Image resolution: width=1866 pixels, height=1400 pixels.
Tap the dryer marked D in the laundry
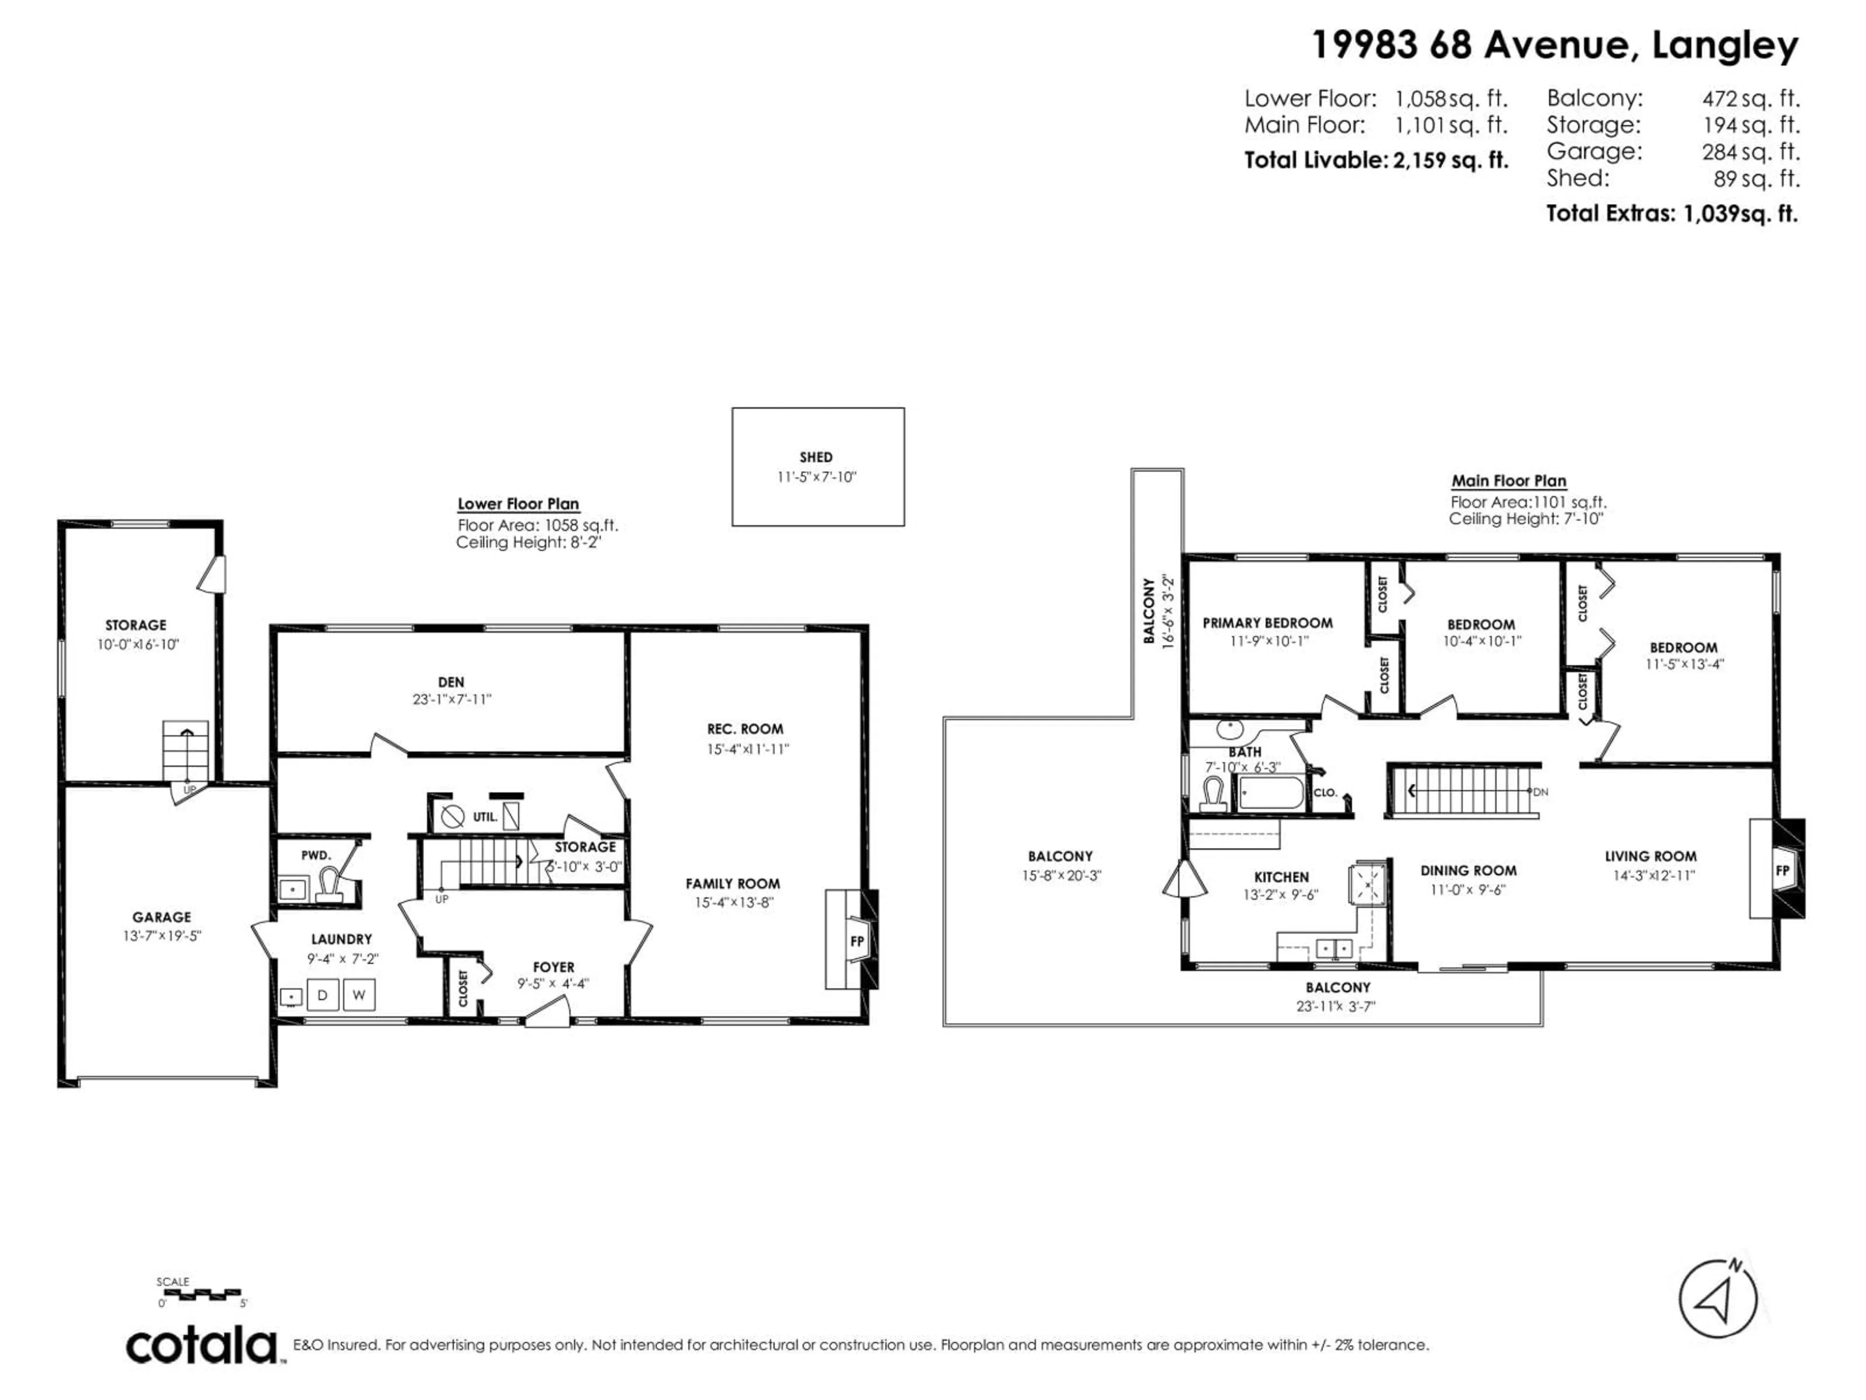click(322, 995)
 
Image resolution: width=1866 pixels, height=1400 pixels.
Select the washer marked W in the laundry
click(359, 995)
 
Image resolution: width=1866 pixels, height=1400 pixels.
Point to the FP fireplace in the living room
click(1782, 870)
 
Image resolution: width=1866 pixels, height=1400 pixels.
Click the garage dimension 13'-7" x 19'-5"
click(162, 936)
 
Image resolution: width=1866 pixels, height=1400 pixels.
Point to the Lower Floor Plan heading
click(518, 504)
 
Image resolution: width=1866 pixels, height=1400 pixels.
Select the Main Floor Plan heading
click(1508, 481)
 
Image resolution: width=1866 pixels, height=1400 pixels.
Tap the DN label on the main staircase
click(1540, 791)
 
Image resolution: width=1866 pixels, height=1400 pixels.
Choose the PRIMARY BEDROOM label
click(1267, 623)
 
